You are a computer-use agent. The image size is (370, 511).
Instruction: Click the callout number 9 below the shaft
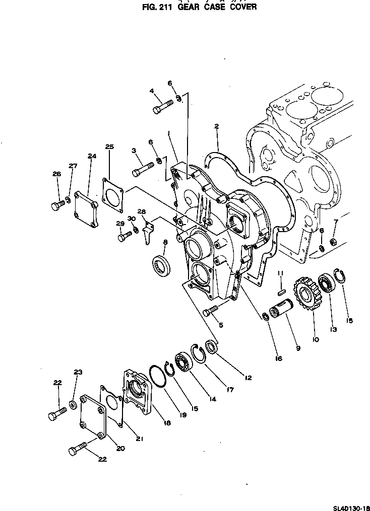click(298, 347)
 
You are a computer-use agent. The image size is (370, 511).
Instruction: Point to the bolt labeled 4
click(162, 106)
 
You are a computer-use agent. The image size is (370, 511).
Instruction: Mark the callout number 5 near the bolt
click(220, 325)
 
